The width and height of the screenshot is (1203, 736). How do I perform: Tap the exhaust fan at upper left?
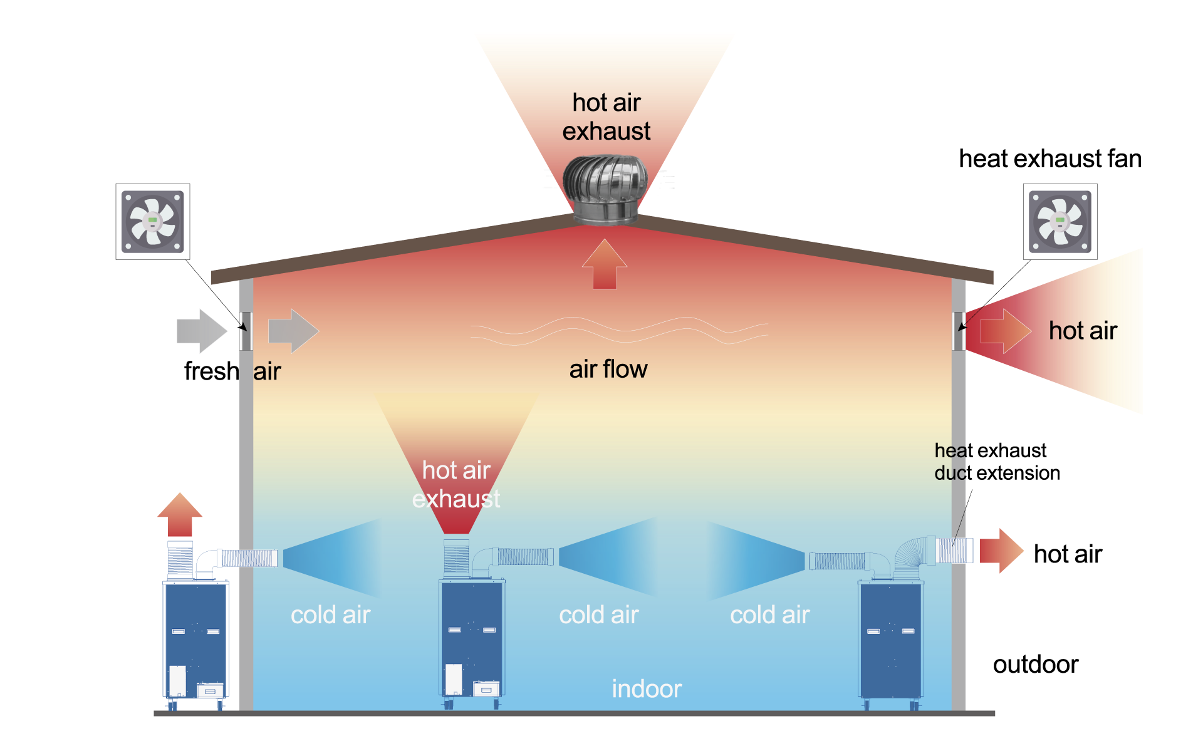(x=152, y=222)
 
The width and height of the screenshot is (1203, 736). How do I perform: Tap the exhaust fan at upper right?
(x=1060, y=222)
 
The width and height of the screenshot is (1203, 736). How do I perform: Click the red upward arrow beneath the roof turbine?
(x=605, y=265)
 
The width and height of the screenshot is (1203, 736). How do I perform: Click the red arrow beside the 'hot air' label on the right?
(x=1005, y=331)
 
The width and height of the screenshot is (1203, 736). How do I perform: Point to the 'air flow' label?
(x=608, y=370)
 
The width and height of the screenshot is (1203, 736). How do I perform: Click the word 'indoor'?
(x=647, y=689)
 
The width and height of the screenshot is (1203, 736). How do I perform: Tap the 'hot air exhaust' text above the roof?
(x=607, y=117)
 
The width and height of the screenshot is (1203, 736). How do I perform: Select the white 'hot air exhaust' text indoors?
(x=456, y=484)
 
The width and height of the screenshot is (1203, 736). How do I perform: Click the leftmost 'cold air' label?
(x=330, y=615)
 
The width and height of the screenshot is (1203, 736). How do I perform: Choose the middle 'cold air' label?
(x=598, y=615)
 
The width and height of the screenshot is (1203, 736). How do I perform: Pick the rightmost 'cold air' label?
(x=769, y=615)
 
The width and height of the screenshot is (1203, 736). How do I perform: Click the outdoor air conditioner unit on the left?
(x=195, y=639)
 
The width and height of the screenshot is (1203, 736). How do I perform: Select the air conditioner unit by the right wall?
(x=890, y=639)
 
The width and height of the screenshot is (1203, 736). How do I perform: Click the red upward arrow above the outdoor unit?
(x=180, y=515)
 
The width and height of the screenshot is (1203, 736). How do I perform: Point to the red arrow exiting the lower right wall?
(x=1001, y=551)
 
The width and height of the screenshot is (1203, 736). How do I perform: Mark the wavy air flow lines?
(x=619, y=330)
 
